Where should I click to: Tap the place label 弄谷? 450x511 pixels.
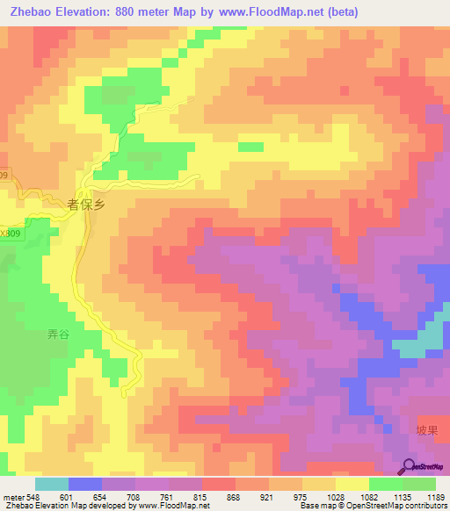pyautogui.click(x=57, y=335)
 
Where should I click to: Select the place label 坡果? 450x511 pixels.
pyautogui.click(x=426, y=429)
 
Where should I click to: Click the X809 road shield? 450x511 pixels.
pyautogui.click(x=10, y=234)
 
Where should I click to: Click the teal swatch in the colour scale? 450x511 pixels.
pyautogui.click(x=51, y=484)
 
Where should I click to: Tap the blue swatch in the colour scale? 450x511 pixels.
pyautogui.click(x=84, y=484)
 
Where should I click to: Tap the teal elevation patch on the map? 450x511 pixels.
pyautogui.click(x=431, y=338)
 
